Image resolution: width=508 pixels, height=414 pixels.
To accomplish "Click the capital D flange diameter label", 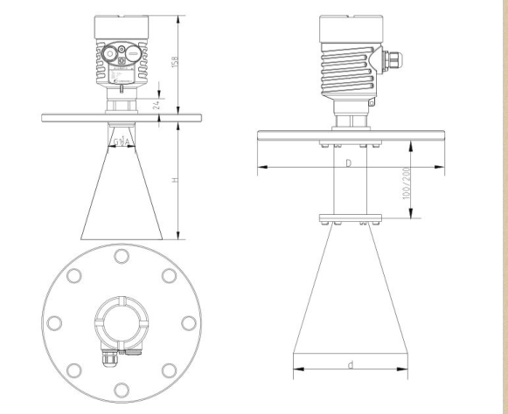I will coord(348,163).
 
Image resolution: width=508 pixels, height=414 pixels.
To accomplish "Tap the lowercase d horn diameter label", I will coord(350,364).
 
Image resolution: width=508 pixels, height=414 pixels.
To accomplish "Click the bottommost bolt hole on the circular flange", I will coord(121,390).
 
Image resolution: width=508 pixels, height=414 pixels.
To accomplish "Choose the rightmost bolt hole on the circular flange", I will coord(188,321).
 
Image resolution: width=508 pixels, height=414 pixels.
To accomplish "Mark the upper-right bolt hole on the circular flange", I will coord(169,274).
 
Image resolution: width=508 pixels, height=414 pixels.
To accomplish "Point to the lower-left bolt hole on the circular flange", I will coord(73,369).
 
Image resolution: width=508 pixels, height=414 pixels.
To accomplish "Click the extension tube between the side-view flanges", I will coord(349,183).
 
